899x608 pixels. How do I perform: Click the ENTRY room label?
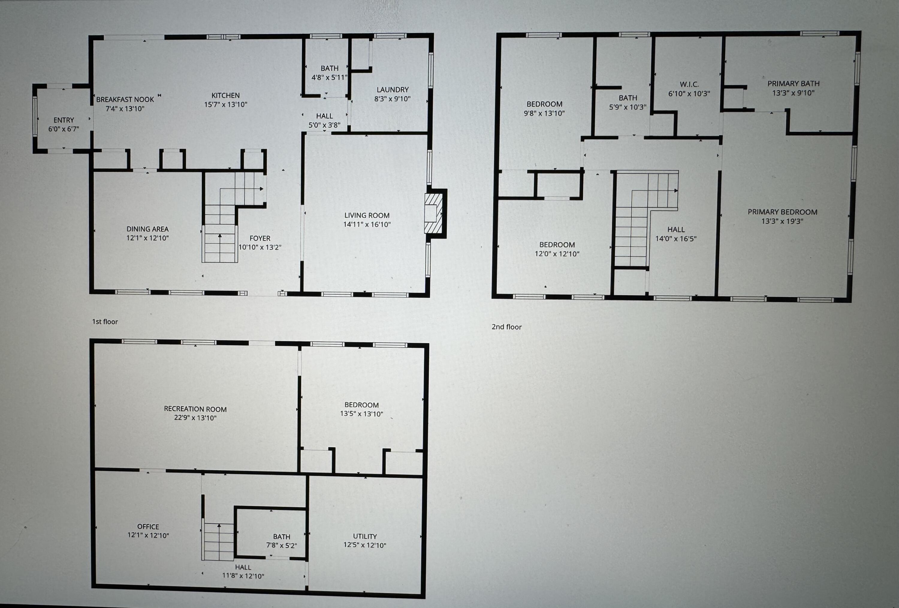click(x=64, y=120)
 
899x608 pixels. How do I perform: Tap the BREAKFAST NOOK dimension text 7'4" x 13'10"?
click(x=125, y=109)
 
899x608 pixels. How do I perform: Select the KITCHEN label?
click(x=226, y=95)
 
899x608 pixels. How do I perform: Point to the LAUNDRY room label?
click(x=392, y=89)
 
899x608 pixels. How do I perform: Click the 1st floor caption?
click(x=105, y=322)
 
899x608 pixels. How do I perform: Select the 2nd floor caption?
click(x=506, y=327)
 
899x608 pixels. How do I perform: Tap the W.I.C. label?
click(x=689, y=84)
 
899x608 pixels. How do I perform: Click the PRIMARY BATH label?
click(x=794, y=84)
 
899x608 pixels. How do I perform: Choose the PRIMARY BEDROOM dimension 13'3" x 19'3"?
click(x=782, y=221)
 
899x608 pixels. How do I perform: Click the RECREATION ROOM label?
click(x=195, y=409)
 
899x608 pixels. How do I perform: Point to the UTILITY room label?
click(x=364, y=536)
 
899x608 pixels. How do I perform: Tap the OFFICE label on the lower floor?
click(x=148, y=527)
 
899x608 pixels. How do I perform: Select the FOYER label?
click(x=260, y=238)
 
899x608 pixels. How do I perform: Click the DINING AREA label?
click(x=147, y=229)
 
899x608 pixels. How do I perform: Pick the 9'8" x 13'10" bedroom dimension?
click(x=544, y=113)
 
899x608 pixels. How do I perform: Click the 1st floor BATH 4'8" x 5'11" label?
click(x=329, y=73)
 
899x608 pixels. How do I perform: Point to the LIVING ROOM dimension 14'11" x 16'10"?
click(x=367, y=224)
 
